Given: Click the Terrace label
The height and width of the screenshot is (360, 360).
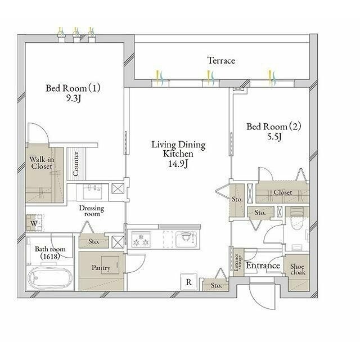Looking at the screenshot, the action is pyautogui.click(x=221, y=61).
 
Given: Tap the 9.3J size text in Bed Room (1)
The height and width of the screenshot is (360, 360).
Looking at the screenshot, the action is pyautogui.click(x=74, y=98).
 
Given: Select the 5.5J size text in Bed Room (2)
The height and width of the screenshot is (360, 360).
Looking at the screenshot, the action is pyautogui.click(x=274, y=137).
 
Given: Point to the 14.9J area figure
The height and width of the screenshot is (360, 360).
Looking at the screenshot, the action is pyautogui.click(x=178, y=164).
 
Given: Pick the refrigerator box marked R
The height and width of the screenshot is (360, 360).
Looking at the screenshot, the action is pyautogui.click(x=189, y=282).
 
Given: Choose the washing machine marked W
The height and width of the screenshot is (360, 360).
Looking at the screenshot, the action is pyautogui.click(x=34, y=223).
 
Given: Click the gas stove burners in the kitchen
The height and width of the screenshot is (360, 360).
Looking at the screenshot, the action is pyautogui.click(x=141, y=240).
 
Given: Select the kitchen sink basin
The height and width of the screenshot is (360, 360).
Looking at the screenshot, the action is pyautogui.click(x=186, y=240).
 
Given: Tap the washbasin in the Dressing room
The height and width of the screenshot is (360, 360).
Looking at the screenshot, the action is pyautogui.click(x=92, y=192).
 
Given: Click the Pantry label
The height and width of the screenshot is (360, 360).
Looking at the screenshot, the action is pyautogui.click(x=101, y=268).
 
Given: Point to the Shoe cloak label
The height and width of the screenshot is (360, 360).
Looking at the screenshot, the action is pyautogui.click(x=298, y=269).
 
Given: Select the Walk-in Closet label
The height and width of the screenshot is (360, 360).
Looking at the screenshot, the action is pyautogui.click(x=42, y=163).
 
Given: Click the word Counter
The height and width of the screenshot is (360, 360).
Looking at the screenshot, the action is pyautogui.click(x=75, y=164).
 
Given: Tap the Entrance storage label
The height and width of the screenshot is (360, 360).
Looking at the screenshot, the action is pyautogui.click(x=238, y=262).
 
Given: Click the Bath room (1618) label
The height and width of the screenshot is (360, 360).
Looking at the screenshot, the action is pyautogui.click(x=50, y=253).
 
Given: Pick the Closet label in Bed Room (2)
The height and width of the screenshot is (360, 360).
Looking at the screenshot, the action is pyautogui.click(x=283, y=192).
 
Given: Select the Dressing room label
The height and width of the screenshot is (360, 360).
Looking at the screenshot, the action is pyautogui.click(x=92, y=211).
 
